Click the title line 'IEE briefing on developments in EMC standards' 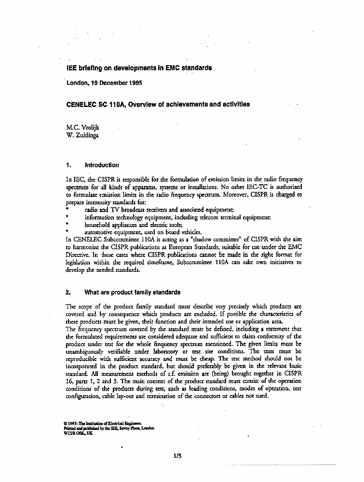[139, 68]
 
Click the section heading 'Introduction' [101, 165]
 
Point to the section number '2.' [68, 292]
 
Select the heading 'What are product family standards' [132, 292]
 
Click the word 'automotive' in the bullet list [99, 232]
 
